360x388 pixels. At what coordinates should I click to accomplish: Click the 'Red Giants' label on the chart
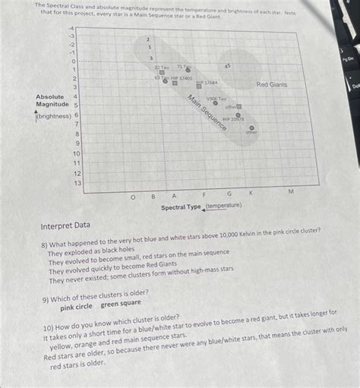coord(271,85)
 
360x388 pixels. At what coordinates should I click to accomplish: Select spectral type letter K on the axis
coord(251,194)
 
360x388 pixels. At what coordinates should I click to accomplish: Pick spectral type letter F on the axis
coord(203,195)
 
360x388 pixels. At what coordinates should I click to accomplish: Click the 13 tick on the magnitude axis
coord(76,183)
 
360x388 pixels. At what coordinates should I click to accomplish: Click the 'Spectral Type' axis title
coord(181,207)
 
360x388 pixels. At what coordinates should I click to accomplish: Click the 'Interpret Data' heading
coord(65,226)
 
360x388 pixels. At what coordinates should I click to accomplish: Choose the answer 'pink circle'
coord(77,307)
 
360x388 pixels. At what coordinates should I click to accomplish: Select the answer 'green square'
coord(121,304)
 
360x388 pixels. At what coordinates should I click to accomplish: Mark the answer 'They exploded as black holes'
coord(91,249)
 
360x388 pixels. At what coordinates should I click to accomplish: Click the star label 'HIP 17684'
coord(208,82)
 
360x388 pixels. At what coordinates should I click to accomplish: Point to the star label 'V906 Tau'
coord(216,98)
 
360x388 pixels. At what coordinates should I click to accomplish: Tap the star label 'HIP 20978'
coord(233,118)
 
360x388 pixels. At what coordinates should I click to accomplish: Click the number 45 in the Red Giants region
coord(227,67)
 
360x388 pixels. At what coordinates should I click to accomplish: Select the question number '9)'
coord(47,298)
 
